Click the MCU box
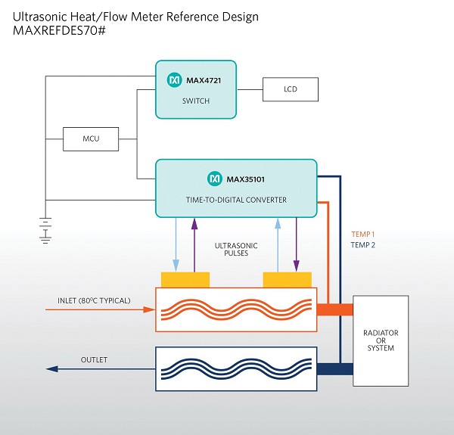[91, 139]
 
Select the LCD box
[291, 89]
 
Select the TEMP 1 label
[363, 234]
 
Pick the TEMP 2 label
[363, 245]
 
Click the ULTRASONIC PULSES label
[236, 250]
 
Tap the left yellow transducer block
[185, 280]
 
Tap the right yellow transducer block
[287, 280]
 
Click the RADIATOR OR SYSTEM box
[381, 340]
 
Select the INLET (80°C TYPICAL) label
[94, 301]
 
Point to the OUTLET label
[95, 359]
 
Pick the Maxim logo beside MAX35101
[213, 179]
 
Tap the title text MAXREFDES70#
[59, 34]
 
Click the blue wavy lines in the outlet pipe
[235, 368]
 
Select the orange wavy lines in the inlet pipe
[235, 309]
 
